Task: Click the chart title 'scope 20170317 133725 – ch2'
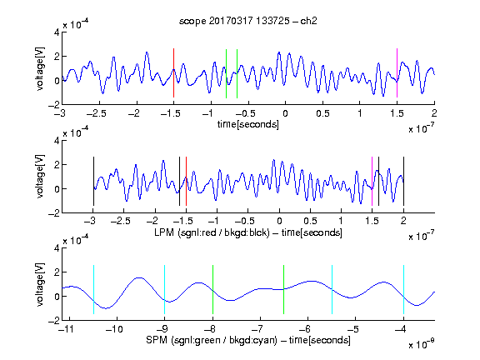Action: [x=248, y=21]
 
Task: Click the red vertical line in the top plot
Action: [x=173, y=72]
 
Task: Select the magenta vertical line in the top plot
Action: [x=397, y=72]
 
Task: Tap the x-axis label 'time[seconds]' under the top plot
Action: [x=248, y=124]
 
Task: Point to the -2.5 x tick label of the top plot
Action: [x=96, y=113]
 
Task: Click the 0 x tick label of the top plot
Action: [x=285, y=113]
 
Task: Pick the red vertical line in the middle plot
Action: [x=186, y=181]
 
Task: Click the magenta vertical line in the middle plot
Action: [x=372, y=181]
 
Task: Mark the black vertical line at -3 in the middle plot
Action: [x=93, y=181]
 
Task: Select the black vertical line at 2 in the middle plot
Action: [x=404, y=181]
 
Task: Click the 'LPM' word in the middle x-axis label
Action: [x=164, y=232]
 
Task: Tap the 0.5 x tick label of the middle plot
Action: [x=310, y=221]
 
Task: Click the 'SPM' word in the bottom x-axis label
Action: [x=157, y=340]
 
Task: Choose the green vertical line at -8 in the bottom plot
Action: [x=212, y=289]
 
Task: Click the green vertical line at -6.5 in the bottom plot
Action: [x=284, y=289]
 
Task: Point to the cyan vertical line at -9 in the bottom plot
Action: [x=165, y=289]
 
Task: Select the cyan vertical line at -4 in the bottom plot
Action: [x=404, y=289]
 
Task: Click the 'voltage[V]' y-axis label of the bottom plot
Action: [x=40, y=284]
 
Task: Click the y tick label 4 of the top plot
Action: [x=57, y=32]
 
